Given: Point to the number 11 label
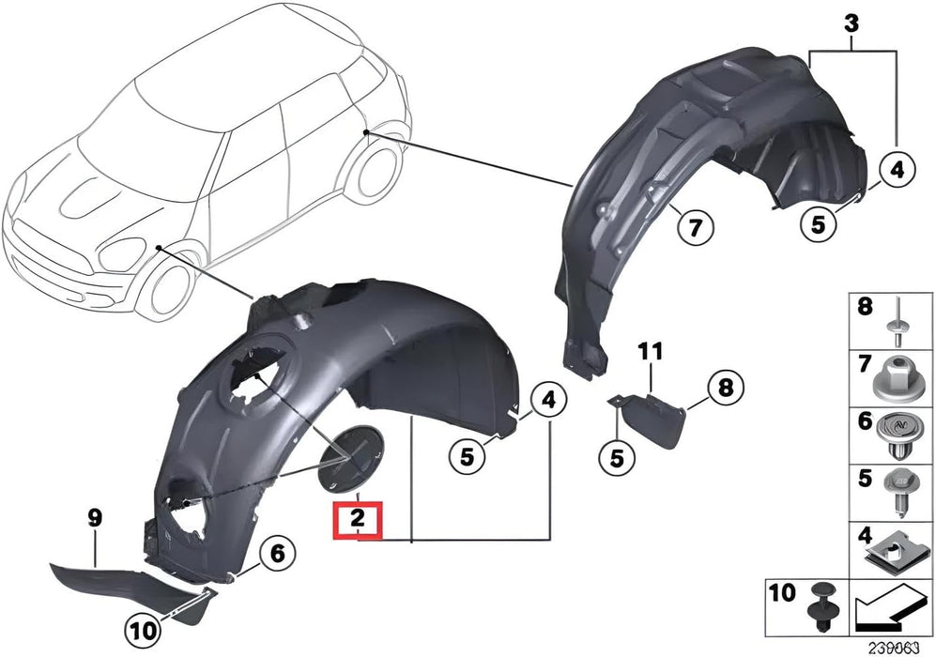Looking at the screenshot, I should coord(651,352).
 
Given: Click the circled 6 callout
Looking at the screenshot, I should coord(277,555).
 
